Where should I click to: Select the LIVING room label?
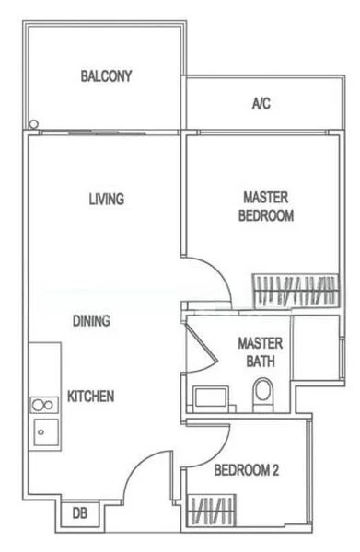pyautogui.click(x=107, y=199)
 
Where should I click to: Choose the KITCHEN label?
pyautogui.click(x=90, y=397)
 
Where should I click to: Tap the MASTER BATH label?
pyautogui.click(x=261, y=351)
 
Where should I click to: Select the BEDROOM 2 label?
pyautogui.click(x=246, y=470)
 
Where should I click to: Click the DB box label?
pyautogui.click(x=79, y=514)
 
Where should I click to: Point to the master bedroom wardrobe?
pyautogui.click(x=294, y=291)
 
